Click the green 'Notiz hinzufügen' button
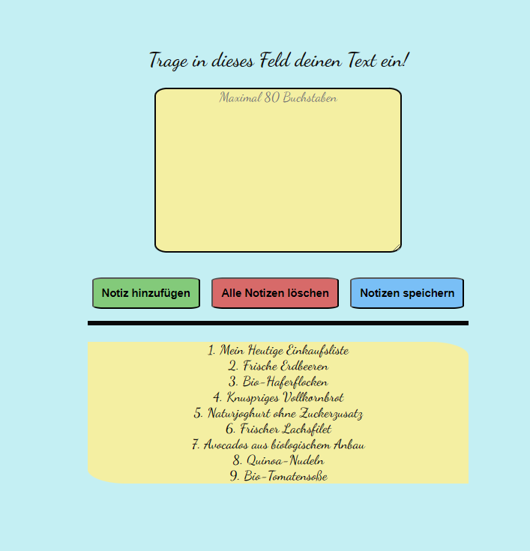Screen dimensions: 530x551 (146, 293)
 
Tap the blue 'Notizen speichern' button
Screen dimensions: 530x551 (407, 293)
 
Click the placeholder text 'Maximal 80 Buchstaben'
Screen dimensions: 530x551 (278, 97)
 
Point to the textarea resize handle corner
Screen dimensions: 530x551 (397, 247)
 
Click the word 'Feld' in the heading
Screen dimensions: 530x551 (275, 60)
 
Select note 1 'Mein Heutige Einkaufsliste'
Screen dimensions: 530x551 (278, 350)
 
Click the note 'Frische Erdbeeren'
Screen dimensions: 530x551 (278, 366)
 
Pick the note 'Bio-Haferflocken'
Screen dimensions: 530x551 (278, 382)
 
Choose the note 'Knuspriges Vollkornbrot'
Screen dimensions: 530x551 (278, 397)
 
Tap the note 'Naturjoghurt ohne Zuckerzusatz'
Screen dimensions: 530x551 (278, 413)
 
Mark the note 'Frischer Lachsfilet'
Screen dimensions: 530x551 (278, 429)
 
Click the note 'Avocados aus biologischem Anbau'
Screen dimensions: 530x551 (278, 445)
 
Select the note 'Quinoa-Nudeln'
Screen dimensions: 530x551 (278, 460)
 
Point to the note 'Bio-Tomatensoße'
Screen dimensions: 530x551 (278, 476)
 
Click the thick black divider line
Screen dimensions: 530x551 (278, 323)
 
